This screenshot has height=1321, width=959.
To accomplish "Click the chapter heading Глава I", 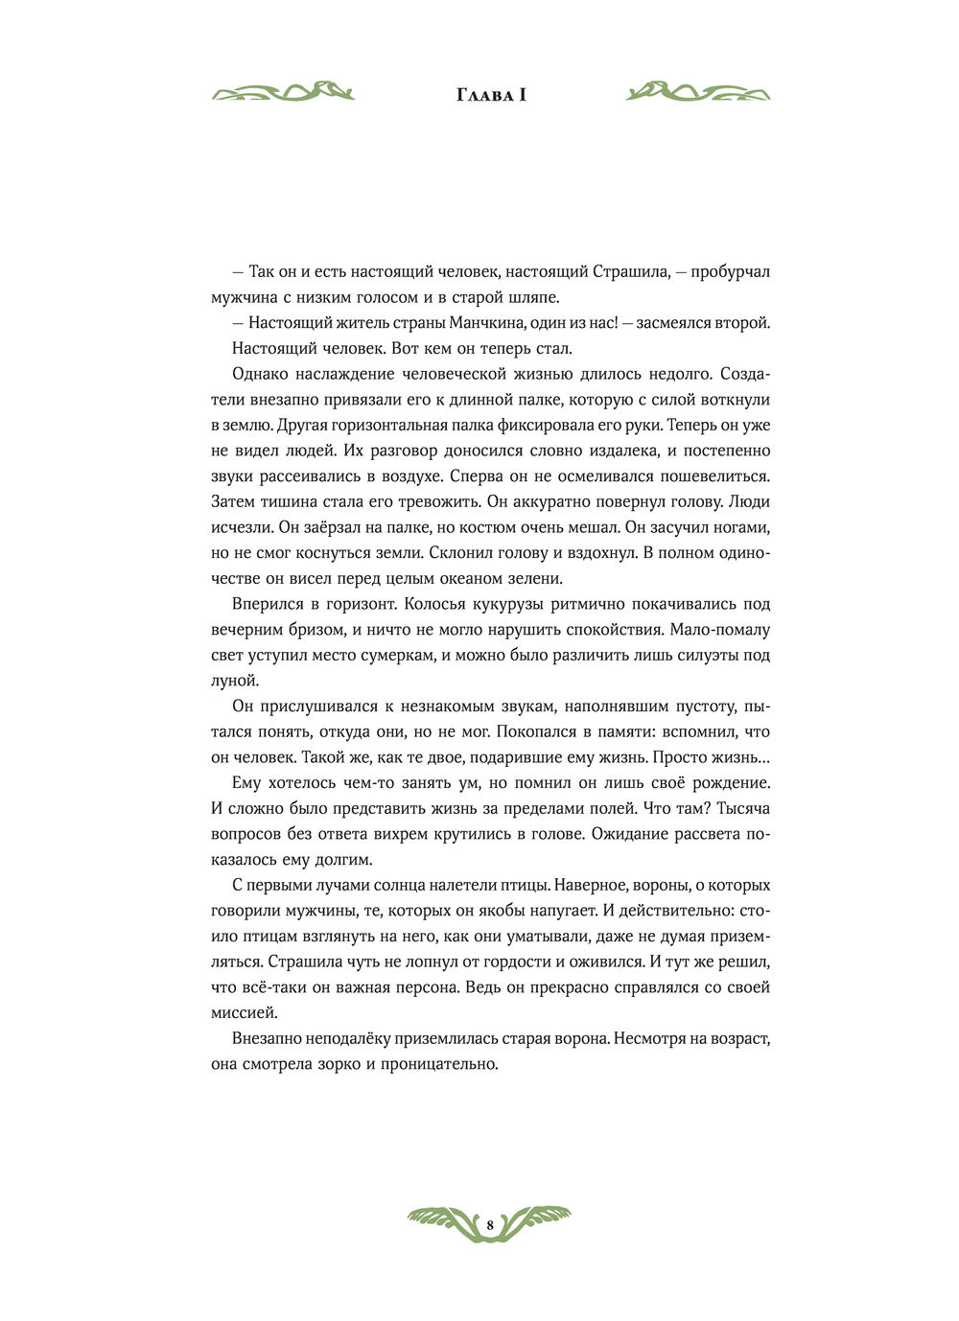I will point(489,94).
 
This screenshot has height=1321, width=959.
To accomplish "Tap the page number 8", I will point(489,1225).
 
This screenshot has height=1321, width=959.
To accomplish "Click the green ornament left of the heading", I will point(283,92).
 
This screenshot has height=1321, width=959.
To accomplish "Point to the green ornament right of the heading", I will point(698,92).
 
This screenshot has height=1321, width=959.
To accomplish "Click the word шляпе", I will point(533,297).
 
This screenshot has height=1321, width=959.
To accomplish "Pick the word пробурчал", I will point(731,272).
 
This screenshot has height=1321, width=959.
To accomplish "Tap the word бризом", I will point(308,630).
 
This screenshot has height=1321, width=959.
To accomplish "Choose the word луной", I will point(234,681).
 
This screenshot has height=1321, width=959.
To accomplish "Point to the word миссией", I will point(244,1012).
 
